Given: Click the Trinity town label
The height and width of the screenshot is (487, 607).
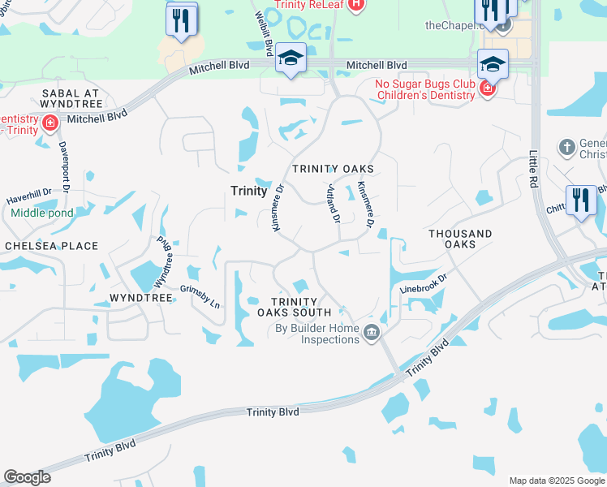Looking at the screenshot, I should [x=248, y=191].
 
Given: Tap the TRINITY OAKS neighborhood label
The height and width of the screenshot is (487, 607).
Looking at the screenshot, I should [x=333, y=169].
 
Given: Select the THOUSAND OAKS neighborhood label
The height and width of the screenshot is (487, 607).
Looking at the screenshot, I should [x=460, y=239].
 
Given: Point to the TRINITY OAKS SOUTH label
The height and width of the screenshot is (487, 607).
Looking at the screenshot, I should [x=294, y=307].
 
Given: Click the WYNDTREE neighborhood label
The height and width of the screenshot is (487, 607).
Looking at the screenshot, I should [x=142, y=298].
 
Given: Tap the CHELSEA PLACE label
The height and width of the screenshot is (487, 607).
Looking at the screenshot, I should [x=51, y=246].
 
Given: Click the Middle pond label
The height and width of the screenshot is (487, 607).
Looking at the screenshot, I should [x=42, y=213].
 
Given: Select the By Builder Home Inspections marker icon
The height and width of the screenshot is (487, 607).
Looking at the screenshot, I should [x=371, y=331].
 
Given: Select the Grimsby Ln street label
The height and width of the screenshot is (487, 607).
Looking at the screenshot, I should [x=200, y=295].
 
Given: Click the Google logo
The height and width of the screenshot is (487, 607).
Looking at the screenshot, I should [x=28, y=477].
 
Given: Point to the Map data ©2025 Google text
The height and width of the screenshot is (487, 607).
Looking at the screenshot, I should [x=556, y=481].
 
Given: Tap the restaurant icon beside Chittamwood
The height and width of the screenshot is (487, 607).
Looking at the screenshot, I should [x=579, y=201].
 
